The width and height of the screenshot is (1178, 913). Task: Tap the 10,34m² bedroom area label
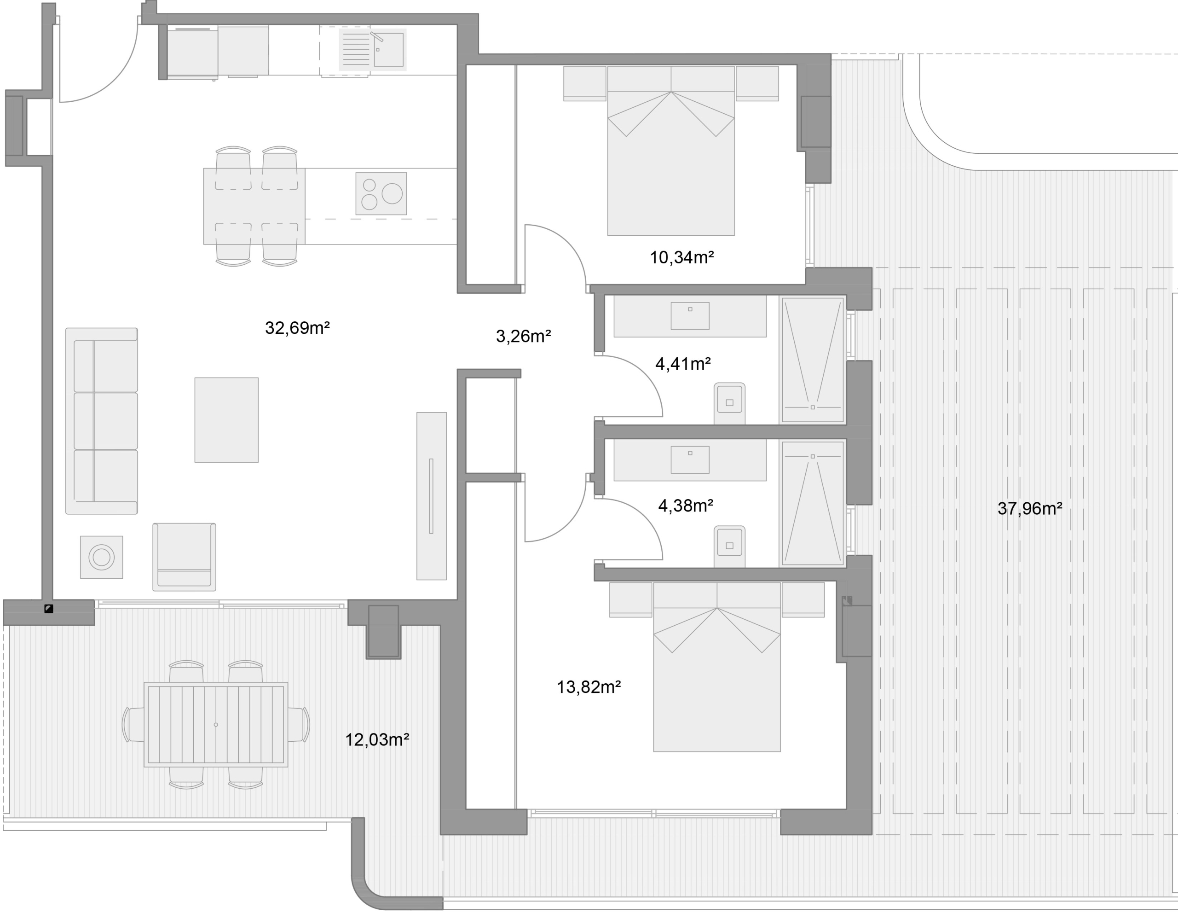tap(682, 258)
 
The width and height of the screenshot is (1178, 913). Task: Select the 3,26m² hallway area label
tap(523, 337)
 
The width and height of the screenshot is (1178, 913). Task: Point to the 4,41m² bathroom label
tap(683, 364)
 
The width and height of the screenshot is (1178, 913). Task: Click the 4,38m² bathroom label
tap(686, 506)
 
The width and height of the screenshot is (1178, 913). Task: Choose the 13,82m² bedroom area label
tap(589, 687)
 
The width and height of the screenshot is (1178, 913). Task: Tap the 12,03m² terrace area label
tap(377, 740)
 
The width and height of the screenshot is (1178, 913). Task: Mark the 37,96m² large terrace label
tap(1030, 509)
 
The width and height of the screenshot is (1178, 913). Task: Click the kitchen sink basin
tap(388, 50)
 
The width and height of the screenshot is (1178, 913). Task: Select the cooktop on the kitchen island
tap(381, 194)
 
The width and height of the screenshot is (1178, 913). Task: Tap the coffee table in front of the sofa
tap(226, 420)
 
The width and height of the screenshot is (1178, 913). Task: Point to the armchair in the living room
tap(185, 557)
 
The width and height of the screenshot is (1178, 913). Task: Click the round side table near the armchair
tap(101, 557)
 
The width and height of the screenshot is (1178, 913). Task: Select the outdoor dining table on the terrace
tap(216, 725)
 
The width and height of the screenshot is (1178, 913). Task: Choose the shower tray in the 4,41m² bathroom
tap(812, 360)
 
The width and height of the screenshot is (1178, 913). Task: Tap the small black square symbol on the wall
tap(48, 609)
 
